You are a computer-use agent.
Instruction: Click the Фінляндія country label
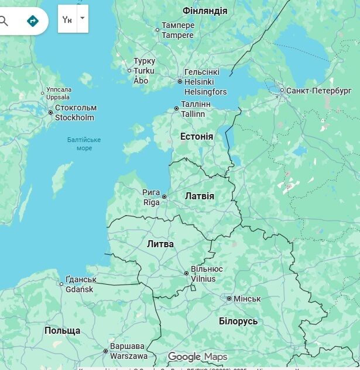tap(205, 11)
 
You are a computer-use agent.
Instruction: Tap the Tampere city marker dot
tap(157, 30)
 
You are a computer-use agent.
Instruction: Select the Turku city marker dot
tap(130, 71)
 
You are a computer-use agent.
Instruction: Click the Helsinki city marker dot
tap(180, 82)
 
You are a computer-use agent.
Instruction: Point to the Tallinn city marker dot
tap(177, 109)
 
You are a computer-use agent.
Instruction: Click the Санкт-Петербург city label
tap(319, 91)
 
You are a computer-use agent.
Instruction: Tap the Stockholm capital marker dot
tap(51, 112)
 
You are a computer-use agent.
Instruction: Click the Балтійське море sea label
tap(84, 144)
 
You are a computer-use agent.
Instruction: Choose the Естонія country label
tap(197, 136)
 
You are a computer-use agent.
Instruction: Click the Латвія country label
tap(200, 196)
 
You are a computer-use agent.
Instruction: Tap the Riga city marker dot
tap(164, 197)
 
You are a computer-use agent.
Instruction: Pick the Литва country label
tap(160, 244)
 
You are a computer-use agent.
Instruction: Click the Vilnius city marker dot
tap(187, 274)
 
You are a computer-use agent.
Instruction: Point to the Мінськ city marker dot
tap(229, 299)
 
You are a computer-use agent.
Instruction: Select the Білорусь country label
tap(238, 321)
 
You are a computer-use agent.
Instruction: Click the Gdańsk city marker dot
tap(61, 285)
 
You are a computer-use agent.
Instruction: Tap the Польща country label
tap(62, 331)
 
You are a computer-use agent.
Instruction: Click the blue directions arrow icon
tap(33, 21)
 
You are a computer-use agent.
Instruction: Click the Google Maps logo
tap(197, 357)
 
